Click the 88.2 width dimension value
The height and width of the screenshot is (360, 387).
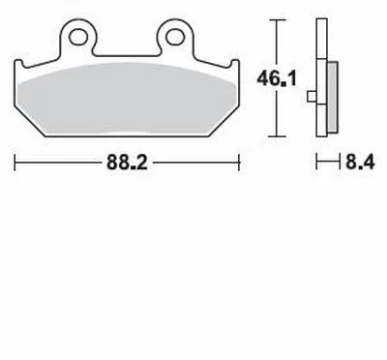coord(127,163)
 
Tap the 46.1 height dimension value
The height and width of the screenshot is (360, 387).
coord(277,78)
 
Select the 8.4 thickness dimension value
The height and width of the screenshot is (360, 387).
coord(360,163)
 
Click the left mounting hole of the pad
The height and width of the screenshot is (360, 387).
coord(78,37)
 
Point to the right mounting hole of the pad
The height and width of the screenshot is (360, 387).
coord(175,37)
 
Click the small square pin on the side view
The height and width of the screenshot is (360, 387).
coord(312,97)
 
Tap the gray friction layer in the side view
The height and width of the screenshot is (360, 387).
coord(333,97)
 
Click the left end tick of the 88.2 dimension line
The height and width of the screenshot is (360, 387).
coord(15,163)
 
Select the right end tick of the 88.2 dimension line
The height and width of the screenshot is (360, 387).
coord(239,163)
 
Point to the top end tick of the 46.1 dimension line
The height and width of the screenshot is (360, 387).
coord(277,20)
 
